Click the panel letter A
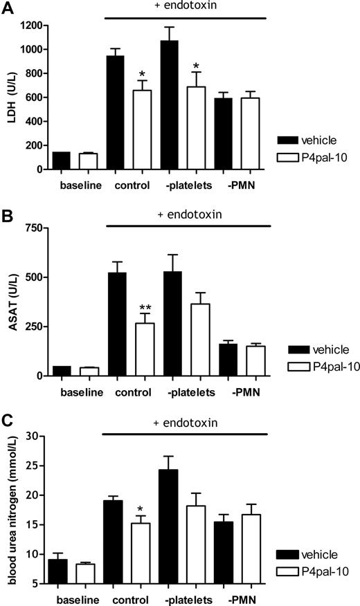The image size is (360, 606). (7, 8)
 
